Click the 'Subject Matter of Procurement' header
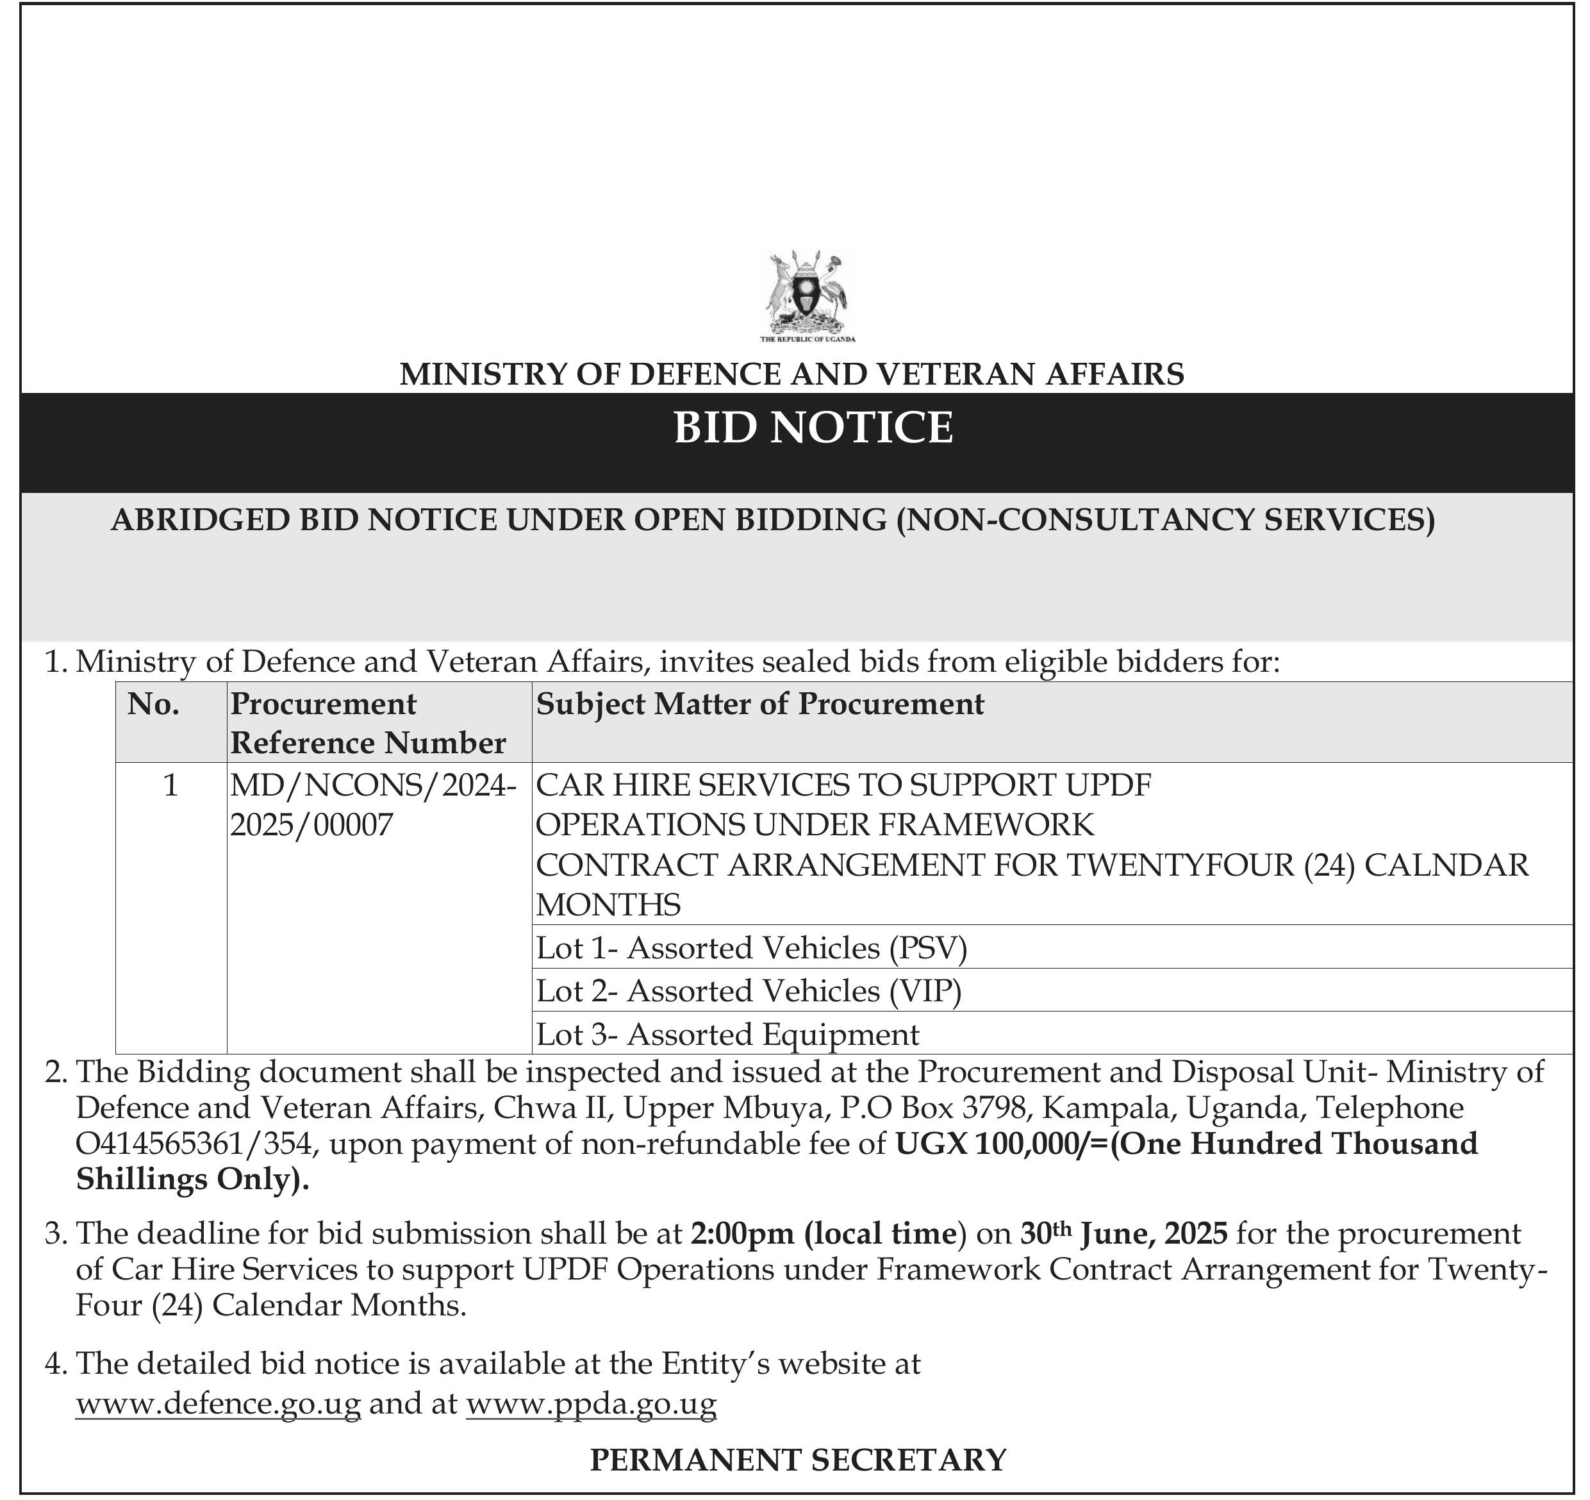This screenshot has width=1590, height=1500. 760,704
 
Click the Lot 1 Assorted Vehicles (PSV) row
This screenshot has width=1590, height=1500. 752,948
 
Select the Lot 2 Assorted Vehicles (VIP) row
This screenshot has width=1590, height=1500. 749,991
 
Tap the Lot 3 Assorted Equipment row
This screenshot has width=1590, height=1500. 728,1035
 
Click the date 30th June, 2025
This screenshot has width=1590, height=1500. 1123,1233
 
